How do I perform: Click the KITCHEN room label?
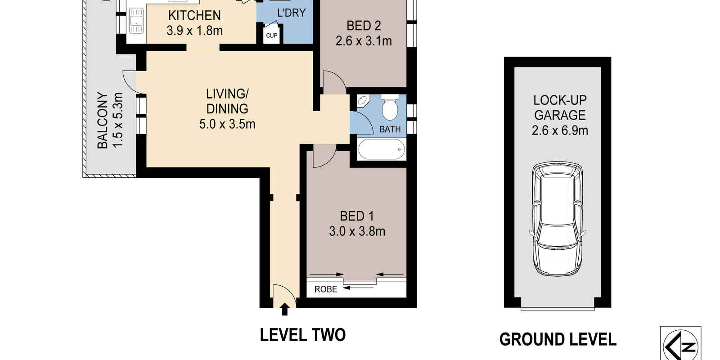(194, 15)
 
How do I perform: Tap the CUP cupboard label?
(272, 36)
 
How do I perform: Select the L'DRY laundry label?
(291, 13)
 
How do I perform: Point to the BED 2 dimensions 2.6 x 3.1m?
(364, 41)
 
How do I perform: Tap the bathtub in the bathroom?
(382, 149)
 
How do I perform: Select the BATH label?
(390, 129)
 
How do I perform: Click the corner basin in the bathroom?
(363, 100)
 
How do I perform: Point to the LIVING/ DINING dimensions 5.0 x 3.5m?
(227, 124)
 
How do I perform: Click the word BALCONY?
(103, 121)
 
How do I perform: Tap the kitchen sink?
(136, 21)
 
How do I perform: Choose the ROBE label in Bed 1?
(326, 289)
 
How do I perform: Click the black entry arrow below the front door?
(284, 309)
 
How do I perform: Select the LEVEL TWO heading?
(302, 335)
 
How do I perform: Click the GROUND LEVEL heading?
(558, 339)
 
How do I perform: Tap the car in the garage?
(558, 219)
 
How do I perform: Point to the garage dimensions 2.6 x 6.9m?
(560, 130)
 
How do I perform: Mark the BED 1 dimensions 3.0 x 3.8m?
(357, 231)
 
